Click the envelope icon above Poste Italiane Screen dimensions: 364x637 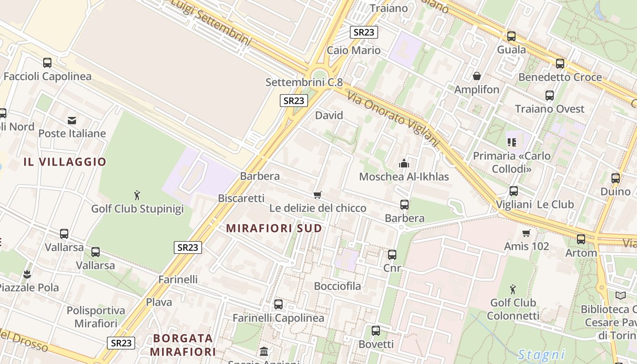point(72,121)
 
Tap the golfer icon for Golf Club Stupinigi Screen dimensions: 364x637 point(137,196)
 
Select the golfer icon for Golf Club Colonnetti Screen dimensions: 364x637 point(513,289)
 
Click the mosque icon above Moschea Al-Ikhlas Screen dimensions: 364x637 point(404,163)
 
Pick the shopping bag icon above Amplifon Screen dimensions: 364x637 point(477,76)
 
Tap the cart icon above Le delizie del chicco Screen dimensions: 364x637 point(318,195)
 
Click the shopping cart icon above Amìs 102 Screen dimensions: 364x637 point(526,233)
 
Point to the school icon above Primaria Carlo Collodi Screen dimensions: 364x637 point(512,142)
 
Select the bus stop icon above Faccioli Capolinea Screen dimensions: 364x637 point(47,63)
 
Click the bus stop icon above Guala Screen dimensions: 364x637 point(511,36)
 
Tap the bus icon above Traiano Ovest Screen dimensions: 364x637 point(550,96)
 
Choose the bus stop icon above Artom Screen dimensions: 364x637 point(581,239)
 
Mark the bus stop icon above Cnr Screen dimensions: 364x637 point(392,255)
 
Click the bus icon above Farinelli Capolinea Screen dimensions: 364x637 point(278,304)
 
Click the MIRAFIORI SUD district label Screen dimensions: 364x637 point(274,228)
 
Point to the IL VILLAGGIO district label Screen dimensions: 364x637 point(65,162)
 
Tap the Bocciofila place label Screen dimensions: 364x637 point(338,286)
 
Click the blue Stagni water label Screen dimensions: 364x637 point(541,354)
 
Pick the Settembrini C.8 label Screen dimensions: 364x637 point(304,82)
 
